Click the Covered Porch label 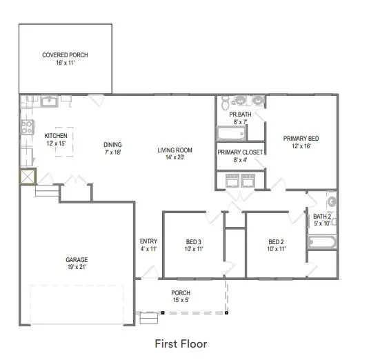65,55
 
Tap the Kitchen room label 55,136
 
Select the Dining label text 112,145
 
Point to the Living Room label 174,150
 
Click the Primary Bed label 301,139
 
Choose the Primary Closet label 237,152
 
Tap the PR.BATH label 239,114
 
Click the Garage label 77,260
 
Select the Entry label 148,241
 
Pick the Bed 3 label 194,241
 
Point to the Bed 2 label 277,241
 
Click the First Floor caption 180,343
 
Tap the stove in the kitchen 28,127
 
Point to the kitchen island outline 64,141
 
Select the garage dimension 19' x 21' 77,268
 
